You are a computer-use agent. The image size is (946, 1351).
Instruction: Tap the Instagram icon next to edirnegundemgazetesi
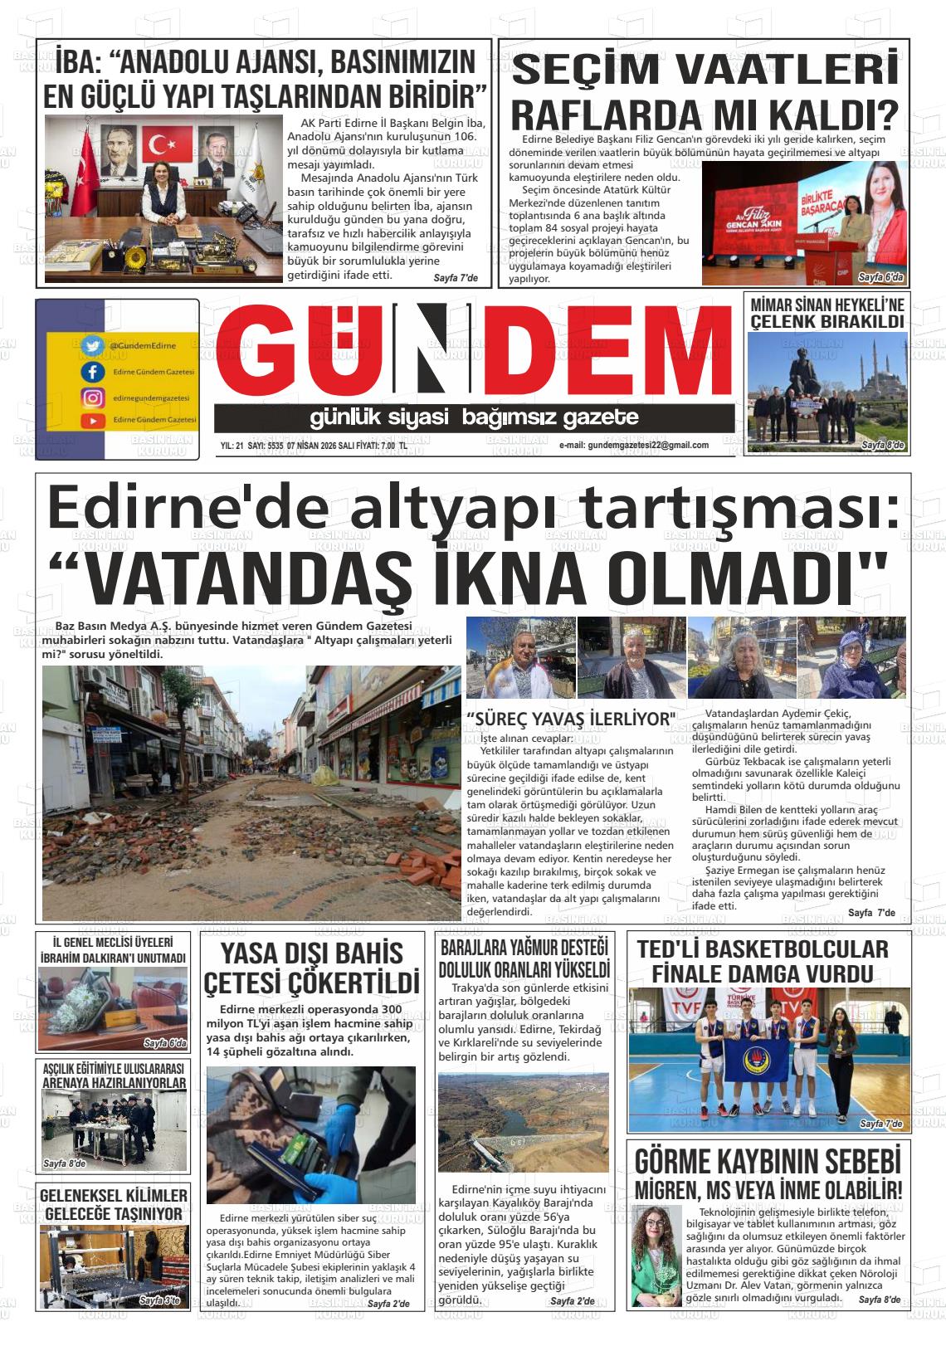(x=91, y=398)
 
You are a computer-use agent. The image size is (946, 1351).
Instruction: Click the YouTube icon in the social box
(x=91, y=422)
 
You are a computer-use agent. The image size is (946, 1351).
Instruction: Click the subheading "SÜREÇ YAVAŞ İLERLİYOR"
(x=571, y=719)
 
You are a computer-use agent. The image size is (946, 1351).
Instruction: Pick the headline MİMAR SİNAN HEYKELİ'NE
(x=827, y=305)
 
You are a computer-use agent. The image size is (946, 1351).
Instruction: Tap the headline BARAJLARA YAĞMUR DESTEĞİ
(x=524, y=948)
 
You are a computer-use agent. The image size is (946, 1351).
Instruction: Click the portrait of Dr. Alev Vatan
(x=656, y=1254)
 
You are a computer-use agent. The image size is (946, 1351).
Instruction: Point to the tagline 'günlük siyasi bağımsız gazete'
(x=474, y=417)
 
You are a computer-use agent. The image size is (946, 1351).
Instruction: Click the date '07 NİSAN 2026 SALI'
(x=327, y=446)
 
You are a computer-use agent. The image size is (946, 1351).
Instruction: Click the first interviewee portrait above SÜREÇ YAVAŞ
(x=519, y=658)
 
